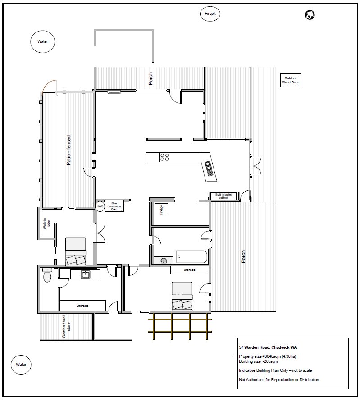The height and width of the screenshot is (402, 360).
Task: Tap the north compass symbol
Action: tap(310, 15)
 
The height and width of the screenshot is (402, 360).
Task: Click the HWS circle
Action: tap(100, 206)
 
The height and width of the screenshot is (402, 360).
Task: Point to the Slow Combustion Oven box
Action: tap(114, 206)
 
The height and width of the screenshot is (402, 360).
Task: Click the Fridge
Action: tap(161, 210)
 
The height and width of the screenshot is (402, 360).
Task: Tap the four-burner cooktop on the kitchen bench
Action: tap(164, 157)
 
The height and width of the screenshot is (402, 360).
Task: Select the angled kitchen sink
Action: tap(209, 169)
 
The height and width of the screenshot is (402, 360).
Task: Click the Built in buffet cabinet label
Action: tap(223, 196)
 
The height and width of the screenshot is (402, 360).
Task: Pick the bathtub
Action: tap(191, 256)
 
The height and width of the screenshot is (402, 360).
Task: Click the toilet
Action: tap(47, 275)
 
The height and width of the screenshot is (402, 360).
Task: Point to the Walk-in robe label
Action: tap(46, 224)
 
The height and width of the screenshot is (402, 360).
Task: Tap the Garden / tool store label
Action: tap(66, 327)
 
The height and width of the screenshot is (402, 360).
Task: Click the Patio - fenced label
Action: tap(68, 150)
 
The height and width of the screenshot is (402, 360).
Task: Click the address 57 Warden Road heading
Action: tap(268, 347)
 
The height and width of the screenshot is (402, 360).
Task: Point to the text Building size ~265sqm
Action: tap(258, 361)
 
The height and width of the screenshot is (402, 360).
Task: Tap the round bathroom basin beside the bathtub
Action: tap(164, 261)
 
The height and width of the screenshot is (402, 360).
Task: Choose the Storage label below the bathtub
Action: tap(189, 270)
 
